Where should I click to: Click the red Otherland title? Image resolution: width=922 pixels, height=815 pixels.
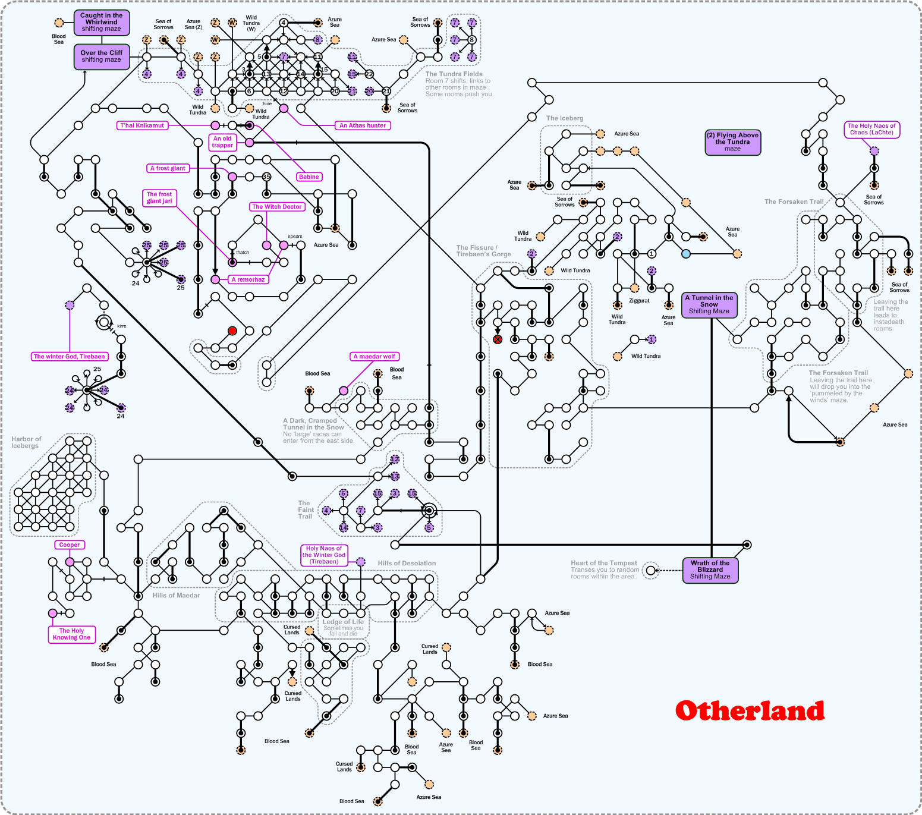[x=750, y=711]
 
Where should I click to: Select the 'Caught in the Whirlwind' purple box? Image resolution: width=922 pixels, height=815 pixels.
[x=102, y=22]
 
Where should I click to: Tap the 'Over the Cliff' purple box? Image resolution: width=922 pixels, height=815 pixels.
[x=102, y=56]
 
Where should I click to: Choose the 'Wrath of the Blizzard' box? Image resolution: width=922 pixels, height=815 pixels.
[x=710, y=569]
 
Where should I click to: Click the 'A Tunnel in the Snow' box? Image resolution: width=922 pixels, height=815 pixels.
[x=709, y=304]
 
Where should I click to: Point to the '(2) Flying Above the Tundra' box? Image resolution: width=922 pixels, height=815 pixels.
[x=732, y=142]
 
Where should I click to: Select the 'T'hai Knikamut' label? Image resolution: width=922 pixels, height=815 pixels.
[x=142, y=125]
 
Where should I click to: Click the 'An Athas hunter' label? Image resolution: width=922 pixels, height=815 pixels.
[x=363, y=125]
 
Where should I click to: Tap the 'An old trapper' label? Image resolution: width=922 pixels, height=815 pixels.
[x=222, y=141]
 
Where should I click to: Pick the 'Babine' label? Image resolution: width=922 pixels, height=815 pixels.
[x=309, y=177]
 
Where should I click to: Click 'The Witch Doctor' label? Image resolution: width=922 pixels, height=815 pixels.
[x=277, y=207]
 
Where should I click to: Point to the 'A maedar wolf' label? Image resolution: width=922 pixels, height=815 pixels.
[x=375, y=357]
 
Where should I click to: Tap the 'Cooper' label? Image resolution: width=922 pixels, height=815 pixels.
[x=70, y=545]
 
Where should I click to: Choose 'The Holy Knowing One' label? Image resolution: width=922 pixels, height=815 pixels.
[x=71, y=634]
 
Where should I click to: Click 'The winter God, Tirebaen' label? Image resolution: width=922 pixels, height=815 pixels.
[x=70, y=357]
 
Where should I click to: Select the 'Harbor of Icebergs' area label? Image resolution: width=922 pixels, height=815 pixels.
[x=26, y=442]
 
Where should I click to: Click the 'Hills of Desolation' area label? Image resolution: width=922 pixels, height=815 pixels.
[x=407, y=564]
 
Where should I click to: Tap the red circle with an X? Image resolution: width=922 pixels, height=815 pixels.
[x=498, y=339]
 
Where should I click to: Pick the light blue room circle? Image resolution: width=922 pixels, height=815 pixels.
[x=686, y=254]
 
